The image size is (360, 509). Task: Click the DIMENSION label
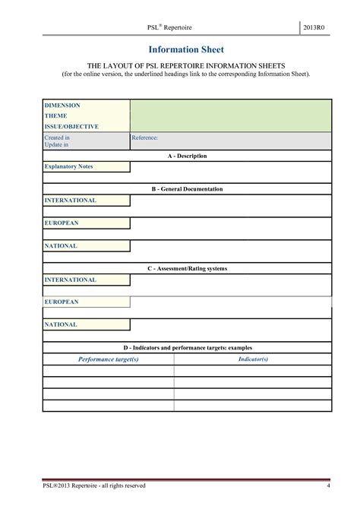[62, 105]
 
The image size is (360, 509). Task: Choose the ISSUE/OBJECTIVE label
[71, 126]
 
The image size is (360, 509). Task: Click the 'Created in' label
[57, 138]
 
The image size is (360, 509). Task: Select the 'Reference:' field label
[145, 138]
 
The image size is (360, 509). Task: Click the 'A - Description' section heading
[187, 156]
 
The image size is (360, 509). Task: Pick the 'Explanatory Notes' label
[68, 166]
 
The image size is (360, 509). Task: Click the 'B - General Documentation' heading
[187, 188]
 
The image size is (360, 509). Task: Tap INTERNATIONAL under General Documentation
[70, 201]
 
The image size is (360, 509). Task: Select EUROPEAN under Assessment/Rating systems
[62, 302]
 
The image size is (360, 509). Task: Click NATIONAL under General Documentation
[61, 246]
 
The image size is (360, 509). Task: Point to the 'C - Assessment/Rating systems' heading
[187, 268]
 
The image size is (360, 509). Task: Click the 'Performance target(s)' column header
[109, 358]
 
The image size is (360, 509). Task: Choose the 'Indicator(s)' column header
[253, 358]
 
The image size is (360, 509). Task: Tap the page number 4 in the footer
[328, 485]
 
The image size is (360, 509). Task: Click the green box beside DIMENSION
[230, 115]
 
